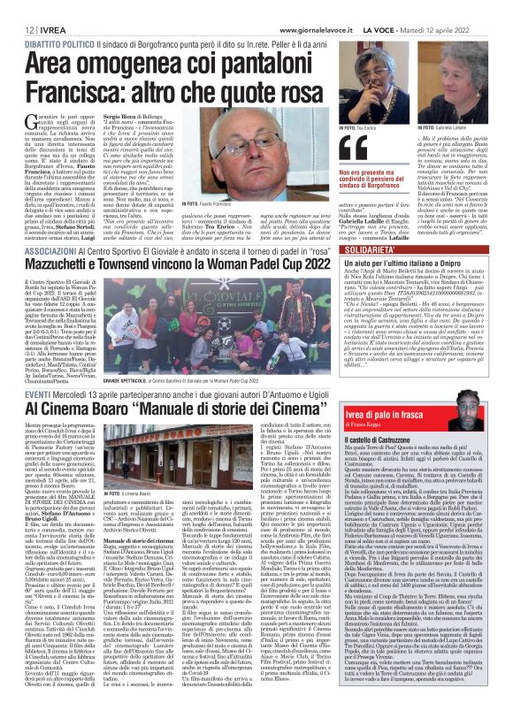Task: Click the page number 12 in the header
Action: coord(18,29)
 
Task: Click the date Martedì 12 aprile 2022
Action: coord(460,29)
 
